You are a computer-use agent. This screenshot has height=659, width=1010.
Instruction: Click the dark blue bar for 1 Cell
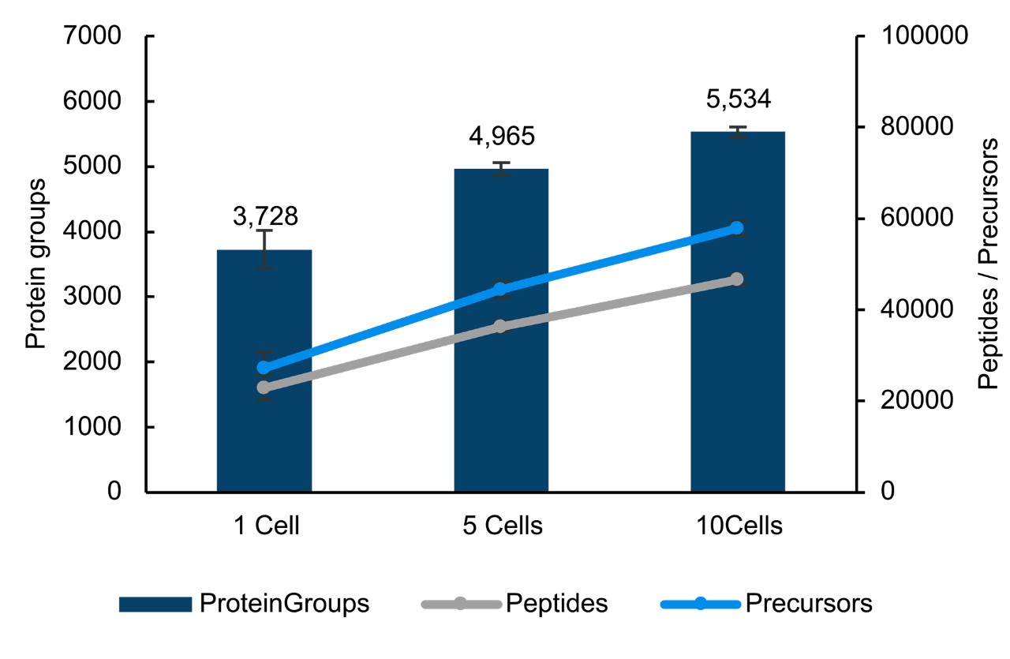264,371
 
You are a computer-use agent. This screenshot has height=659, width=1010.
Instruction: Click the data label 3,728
265,216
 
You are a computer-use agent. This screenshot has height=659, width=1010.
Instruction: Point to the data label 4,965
502,136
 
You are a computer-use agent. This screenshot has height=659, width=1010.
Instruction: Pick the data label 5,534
738,99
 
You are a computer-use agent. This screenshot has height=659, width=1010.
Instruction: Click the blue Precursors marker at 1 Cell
264,368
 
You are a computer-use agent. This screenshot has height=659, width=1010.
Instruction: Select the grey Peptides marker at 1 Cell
264,388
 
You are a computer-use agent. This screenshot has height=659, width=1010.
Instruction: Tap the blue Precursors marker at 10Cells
737,228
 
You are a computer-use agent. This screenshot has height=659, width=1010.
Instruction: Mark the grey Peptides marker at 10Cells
737,279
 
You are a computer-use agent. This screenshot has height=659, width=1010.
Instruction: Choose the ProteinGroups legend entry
245,604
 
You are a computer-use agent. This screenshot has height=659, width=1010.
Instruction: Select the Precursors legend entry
766,604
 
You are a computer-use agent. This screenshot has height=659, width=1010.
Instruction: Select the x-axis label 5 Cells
502,526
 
